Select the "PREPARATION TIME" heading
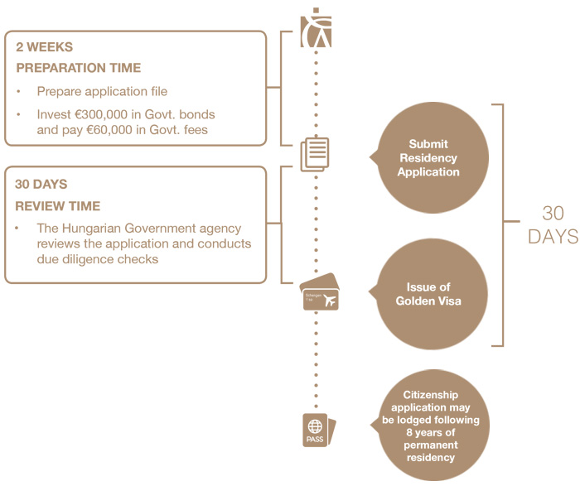click(78, 68)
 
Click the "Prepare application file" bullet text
click(102, 91)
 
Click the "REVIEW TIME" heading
click(57, 205)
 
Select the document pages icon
click(316, 155)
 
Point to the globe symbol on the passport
click(315, 427)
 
